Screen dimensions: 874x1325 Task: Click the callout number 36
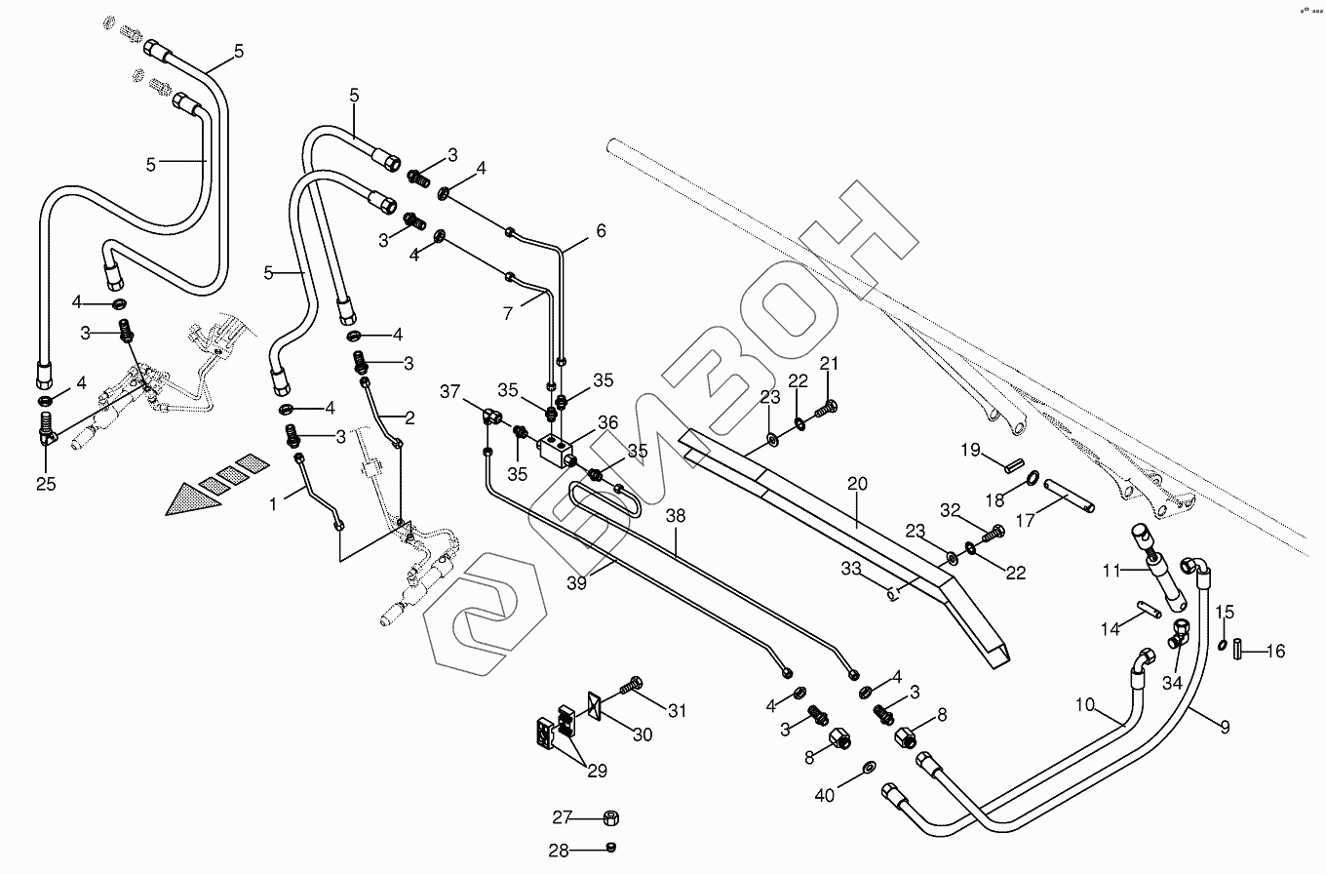[608, 423]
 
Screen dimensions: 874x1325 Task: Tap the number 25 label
[46, 483]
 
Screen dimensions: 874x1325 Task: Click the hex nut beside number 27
[614, 817]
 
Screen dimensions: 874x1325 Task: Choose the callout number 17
[1025, 521]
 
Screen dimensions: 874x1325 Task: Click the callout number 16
[1275, 651]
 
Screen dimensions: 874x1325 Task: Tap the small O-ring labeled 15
[1223, 645]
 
